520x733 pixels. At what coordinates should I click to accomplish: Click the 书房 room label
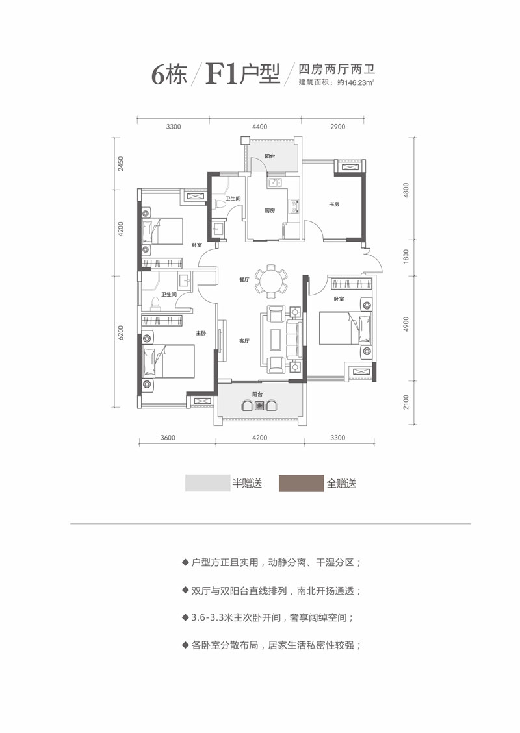(334, 205)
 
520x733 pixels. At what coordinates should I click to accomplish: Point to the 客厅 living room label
(244, 340)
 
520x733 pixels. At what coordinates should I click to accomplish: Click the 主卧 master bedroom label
(201, 333)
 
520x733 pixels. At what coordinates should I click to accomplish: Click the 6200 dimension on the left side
(121, 336)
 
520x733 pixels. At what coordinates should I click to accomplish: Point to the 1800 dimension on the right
(404, 255)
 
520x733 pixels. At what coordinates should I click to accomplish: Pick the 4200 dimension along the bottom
(259, 438)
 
